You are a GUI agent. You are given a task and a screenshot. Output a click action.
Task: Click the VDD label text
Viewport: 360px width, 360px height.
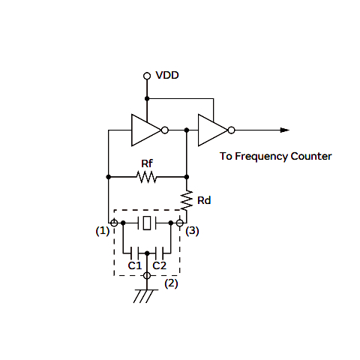click(167, 75)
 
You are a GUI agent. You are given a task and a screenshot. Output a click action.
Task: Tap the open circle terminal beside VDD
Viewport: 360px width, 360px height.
click(147, 76)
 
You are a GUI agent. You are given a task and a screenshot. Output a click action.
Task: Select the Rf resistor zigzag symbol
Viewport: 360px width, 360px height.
click(147, 177)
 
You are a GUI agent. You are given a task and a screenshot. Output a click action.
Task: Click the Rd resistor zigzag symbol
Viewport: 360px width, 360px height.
click(187, 200)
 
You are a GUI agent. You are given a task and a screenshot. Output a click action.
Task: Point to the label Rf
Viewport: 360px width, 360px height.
click(147, 163)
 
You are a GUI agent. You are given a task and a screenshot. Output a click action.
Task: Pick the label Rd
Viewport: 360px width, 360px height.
click(204, 200)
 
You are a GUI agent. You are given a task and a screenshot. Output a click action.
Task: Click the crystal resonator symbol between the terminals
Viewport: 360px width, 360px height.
click(147, 223)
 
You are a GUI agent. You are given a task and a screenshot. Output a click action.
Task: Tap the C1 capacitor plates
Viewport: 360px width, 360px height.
click(134, 253)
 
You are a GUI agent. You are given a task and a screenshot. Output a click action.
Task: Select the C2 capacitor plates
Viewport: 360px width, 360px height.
click(159, 253)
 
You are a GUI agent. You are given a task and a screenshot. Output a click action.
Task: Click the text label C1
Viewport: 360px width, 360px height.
click(135, 265)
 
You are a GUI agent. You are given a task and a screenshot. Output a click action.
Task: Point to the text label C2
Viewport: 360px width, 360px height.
click(159, 265)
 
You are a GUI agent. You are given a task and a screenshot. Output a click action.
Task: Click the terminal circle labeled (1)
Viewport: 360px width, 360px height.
click(114, 223)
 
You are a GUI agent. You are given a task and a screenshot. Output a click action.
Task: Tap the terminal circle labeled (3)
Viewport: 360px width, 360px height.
click(180, 223)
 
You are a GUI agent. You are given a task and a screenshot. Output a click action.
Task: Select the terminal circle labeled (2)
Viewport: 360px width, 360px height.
click(147, 276)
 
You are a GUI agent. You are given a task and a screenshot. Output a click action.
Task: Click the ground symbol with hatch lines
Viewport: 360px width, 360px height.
click(146, 296)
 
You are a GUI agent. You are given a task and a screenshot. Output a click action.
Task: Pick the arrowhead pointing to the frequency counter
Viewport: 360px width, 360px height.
click(285, 130)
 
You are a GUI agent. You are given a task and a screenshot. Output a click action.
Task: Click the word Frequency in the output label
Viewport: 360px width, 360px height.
click(262, 157)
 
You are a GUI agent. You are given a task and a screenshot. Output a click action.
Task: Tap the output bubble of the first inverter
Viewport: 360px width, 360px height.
click(165, 130)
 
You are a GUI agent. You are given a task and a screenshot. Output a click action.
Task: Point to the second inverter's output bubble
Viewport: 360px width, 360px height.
click(232, 130)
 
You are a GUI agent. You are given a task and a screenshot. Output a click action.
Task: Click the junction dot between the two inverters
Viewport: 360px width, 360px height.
click(187, 130)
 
